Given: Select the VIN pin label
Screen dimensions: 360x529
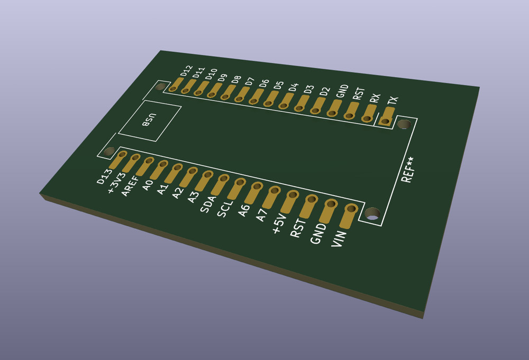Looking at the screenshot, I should pos(339,239).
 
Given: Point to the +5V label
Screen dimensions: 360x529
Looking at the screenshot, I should pos(279,224).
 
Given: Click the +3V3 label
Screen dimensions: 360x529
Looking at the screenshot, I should pos(116,182).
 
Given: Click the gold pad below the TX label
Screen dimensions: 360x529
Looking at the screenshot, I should pos(387,117).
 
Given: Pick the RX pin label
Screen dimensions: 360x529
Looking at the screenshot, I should pos(375,98).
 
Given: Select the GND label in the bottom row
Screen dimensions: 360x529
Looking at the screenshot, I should pos(317,234).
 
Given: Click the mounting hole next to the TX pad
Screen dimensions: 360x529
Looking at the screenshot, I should pos(404,125).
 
